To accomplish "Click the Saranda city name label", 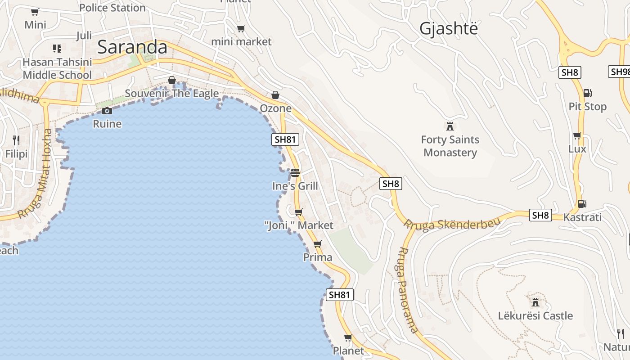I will tap(132, 47).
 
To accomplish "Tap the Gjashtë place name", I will tap(448, 28).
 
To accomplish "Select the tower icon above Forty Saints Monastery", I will tap(450, 126).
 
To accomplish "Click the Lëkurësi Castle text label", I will tap(535, 315).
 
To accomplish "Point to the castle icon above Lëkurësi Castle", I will tap(535, 301).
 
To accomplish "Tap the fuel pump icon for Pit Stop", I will tap(587, 93).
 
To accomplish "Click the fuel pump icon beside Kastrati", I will tap(582, 203).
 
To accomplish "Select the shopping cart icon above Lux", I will tap(577, 135).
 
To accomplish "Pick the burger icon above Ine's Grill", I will tap(295, 172).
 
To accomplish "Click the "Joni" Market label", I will tap(299, 225).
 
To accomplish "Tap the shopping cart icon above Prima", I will tap(318, 244).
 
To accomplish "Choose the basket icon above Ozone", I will tap(275, 95).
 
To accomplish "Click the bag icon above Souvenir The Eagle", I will tap(172, 80).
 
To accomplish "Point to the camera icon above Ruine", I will tap(107, 111).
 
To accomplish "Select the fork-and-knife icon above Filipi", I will tap(16, 140).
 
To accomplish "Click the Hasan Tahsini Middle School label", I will tap(57, 68).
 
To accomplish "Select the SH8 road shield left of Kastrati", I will tap(540, 215).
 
